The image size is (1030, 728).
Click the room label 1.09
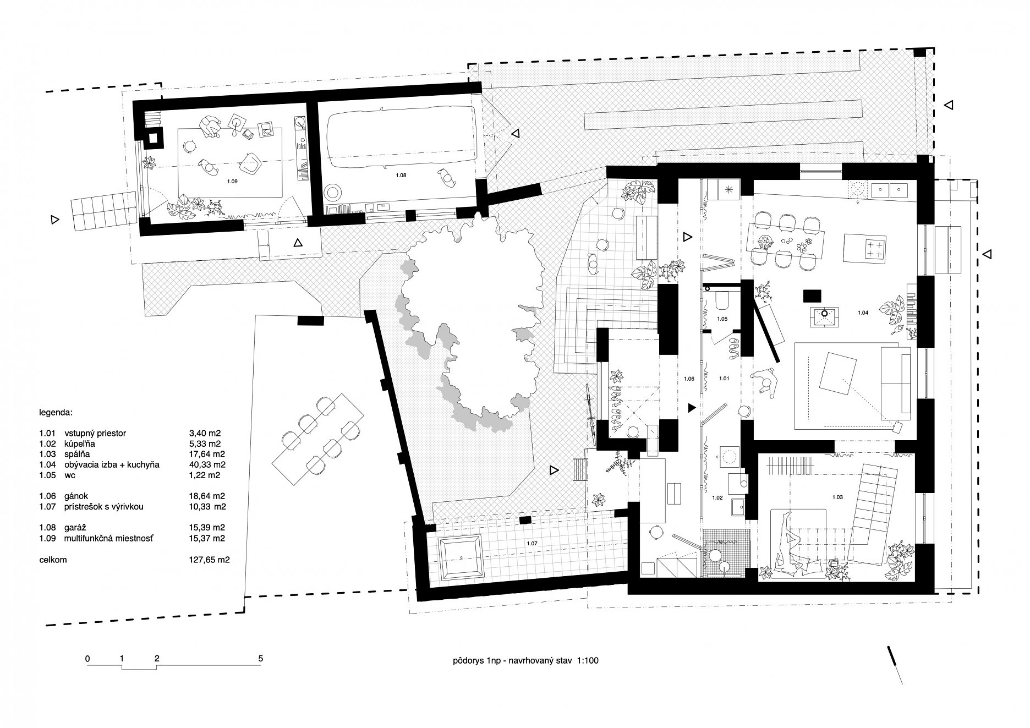click(x=232, y=180)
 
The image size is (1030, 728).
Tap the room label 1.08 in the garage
click(x=401, y=174)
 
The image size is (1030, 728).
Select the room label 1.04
click(x=863, y=313)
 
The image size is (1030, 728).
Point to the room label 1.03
click(x=837, y=497)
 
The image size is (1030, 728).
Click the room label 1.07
click(x=532, y=544)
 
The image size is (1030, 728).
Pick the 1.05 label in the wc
click(x=722, y=319)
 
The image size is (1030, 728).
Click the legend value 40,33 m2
click(x=205, y=464)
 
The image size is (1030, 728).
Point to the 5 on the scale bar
click(x=261, y=658)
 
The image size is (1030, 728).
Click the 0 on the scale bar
click(x=87, y=658)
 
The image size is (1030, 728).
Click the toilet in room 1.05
click(x=722, y=301)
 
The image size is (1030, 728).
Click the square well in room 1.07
click(x=461, y=559)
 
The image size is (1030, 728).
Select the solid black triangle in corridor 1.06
click(x=691, y=408)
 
